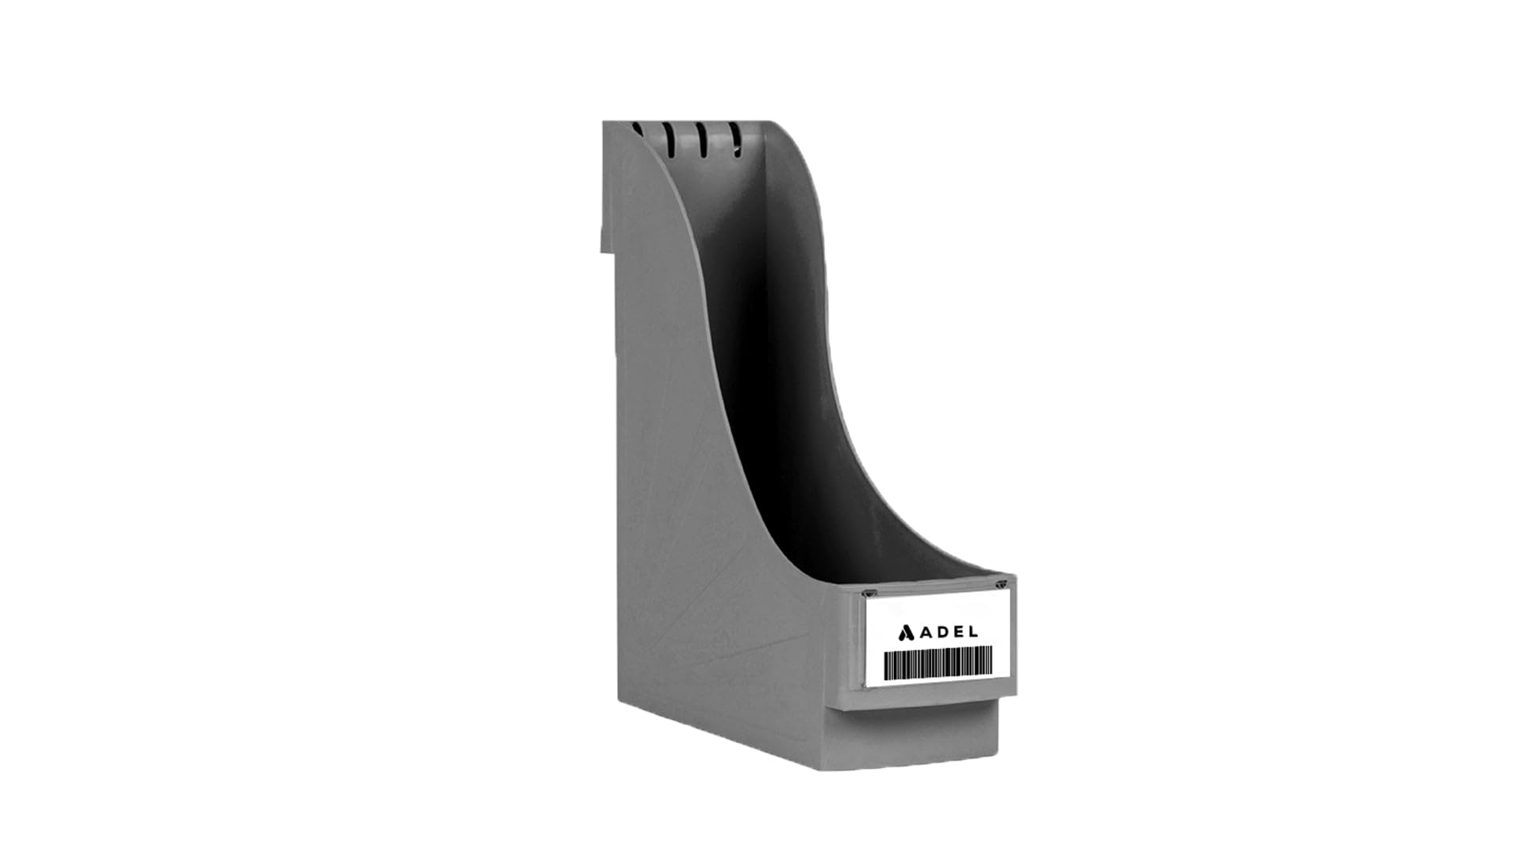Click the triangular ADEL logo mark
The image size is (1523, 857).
point(907,632)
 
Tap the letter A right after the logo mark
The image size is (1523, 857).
point(926,632)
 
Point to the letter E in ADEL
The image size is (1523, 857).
point(958,632)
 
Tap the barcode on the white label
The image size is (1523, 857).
point(938,663)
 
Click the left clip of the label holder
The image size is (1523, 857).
point(871,593)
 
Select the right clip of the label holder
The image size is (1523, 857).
point(1002,585)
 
